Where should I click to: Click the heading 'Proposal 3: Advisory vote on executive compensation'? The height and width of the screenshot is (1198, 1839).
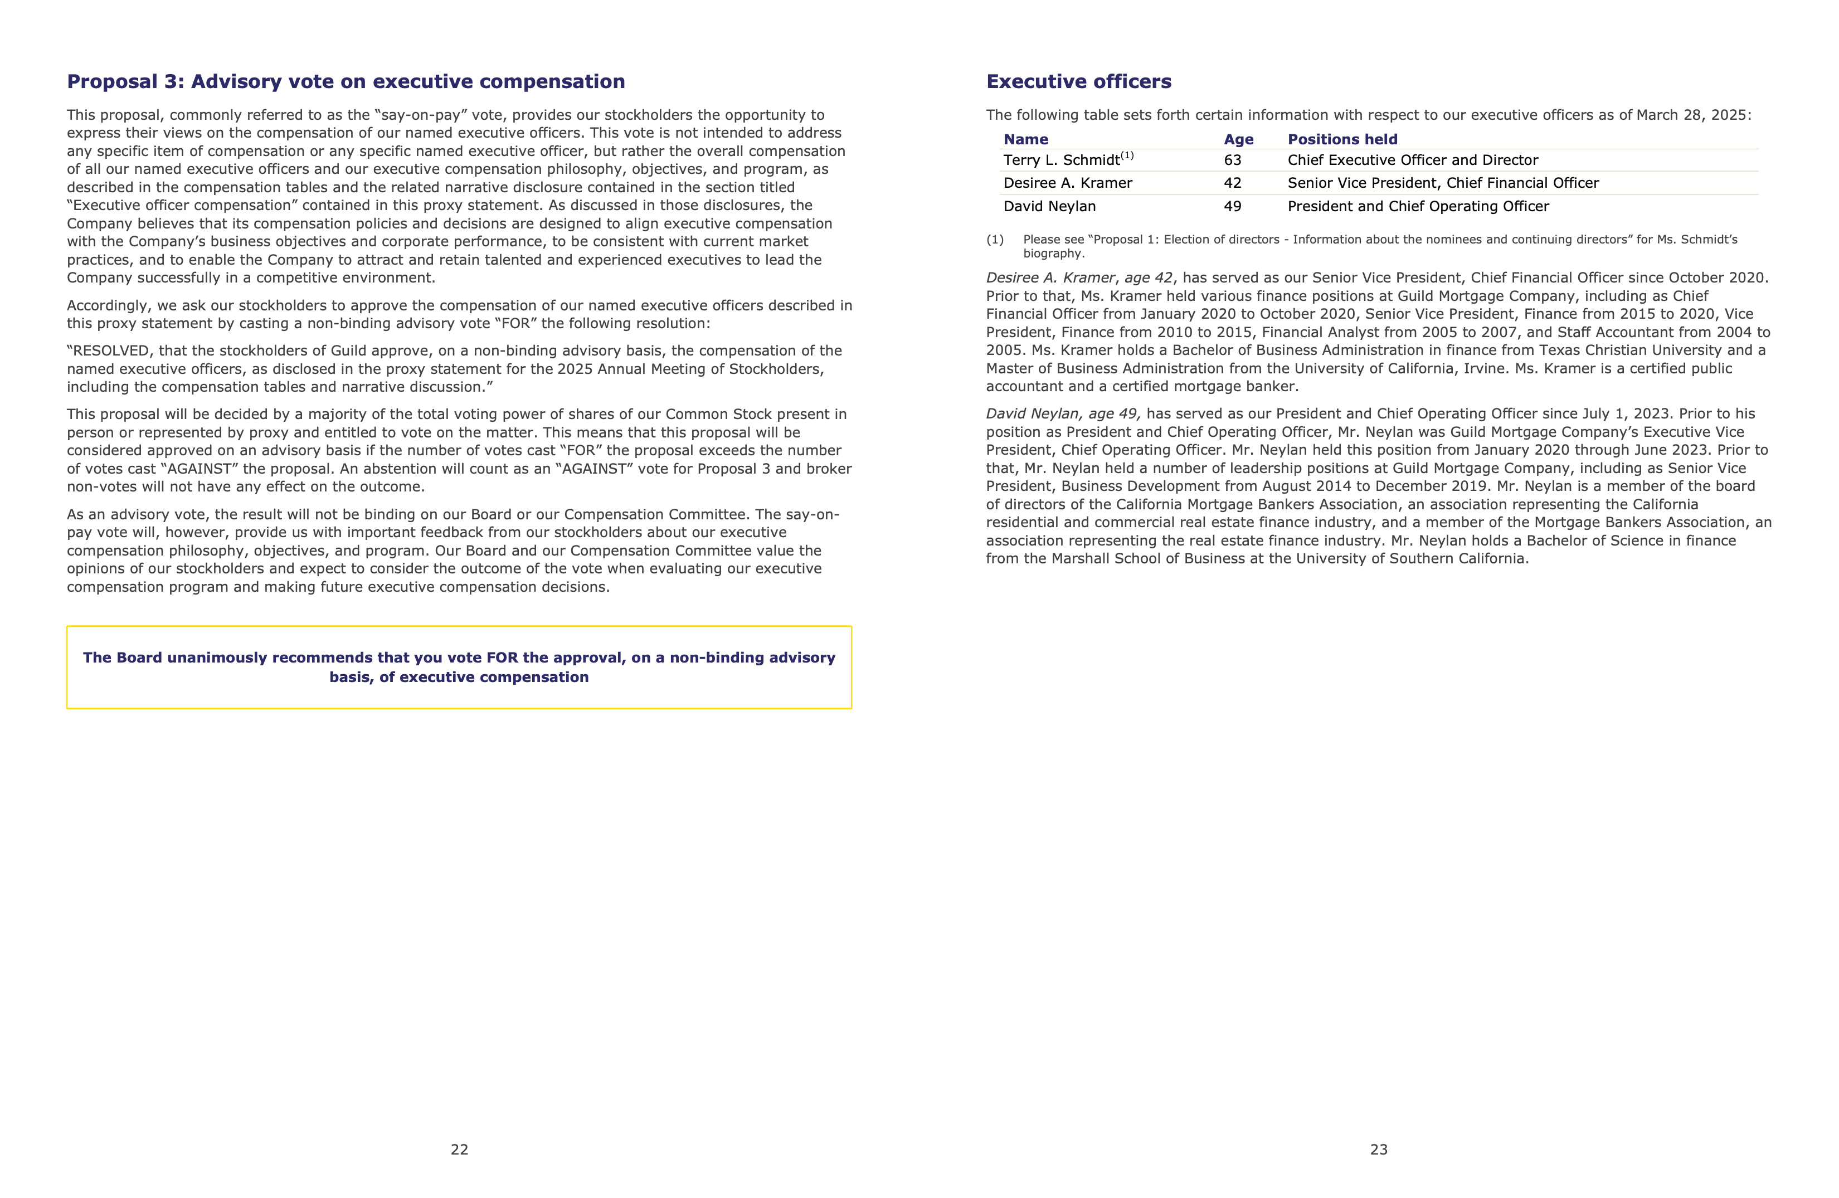[x=346, y=82]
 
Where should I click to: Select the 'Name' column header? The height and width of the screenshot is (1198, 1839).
[x=1025, y=140]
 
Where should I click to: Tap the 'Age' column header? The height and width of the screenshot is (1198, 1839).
[x=1238, y=140]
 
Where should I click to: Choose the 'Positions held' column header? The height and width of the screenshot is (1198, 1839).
[x=1342, y=140]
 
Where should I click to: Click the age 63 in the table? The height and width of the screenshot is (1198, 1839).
[x=1233, y=160]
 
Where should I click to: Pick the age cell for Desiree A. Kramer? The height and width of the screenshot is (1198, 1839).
[x=1233, y=183]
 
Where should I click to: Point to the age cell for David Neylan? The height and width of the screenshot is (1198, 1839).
[x=1233, y=206]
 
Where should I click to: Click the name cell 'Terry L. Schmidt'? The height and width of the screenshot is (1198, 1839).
[x=1061, y=160]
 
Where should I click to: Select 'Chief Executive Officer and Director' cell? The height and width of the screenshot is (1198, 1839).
[x=1413, y=160]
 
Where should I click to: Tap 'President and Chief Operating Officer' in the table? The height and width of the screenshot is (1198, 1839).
[x=1418, y=206]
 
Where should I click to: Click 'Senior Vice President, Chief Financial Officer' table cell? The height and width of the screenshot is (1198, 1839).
[x=1443, y=183]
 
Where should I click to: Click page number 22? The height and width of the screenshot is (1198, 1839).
[x=459, y=1150]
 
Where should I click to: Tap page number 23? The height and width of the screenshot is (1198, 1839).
[x=1379, y=1150]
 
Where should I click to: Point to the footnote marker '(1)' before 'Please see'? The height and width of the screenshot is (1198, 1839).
[x=994, y=240]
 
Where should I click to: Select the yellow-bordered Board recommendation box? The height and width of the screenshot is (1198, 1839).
[x=459, y=668]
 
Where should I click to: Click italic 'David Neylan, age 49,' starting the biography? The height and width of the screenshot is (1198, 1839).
[x=1063, y=414]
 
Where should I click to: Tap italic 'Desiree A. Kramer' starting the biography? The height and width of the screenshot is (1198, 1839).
[x=1050, y=278]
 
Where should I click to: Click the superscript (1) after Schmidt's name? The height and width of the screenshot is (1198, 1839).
[x=1127, y=156]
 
